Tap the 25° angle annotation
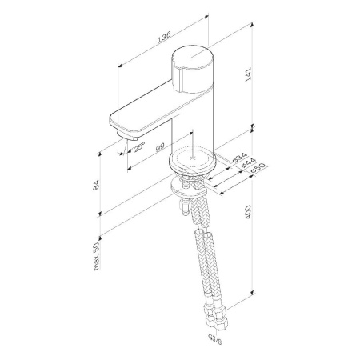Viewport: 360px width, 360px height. [x=139, y=147]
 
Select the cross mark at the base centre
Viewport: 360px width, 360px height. [x=194, y=157]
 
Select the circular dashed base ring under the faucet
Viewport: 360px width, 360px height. [x=194, y=159]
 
